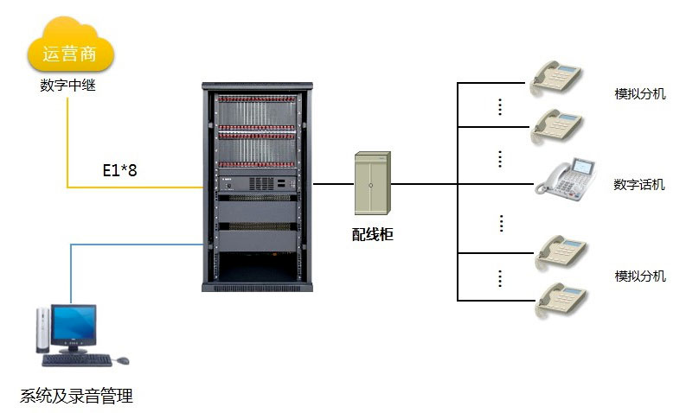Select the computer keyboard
tap(76, 359)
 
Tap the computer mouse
tap(122, 359)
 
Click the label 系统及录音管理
tap(76, 397)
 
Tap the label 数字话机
tap(639, 184)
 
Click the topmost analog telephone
tap(558, 75)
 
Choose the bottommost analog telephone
tap(561, 299)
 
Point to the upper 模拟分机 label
tap(639, 93)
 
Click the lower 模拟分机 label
tap(640, 276)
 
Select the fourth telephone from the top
tap(561, 250)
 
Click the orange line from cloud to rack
tap(67, 147)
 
